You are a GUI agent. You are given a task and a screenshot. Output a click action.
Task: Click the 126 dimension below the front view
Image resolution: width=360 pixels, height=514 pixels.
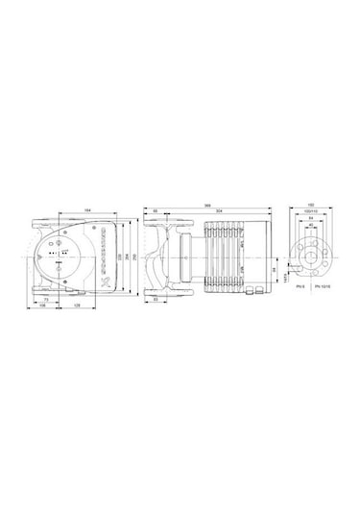[x=78, y=307]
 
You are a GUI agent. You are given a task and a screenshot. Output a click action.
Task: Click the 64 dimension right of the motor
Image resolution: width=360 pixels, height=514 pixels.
[x=277, y=272]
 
